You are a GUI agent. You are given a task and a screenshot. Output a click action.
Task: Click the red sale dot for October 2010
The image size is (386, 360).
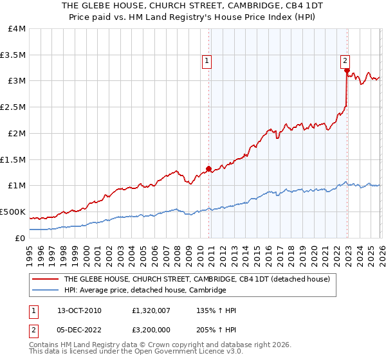pos(208,169)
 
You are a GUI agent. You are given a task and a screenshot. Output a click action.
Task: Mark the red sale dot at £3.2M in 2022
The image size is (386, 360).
pos(346,71)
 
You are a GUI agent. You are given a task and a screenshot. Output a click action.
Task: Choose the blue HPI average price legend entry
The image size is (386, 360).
pos(145,291)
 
